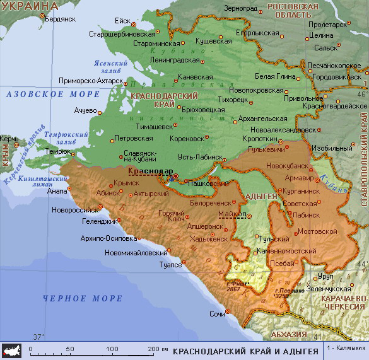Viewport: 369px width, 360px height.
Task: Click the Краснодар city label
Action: [x=146, y=170]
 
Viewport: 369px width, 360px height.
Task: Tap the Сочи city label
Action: [x=217, y=313]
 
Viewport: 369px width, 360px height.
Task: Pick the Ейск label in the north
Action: [x=122, y=20]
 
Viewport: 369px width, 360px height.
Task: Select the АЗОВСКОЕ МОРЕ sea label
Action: [x=52, y=94]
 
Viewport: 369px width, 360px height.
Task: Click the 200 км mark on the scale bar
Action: [x=158, y=349]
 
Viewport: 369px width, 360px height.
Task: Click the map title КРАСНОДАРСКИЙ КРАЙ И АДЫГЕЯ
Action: [x=245, y=350]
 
